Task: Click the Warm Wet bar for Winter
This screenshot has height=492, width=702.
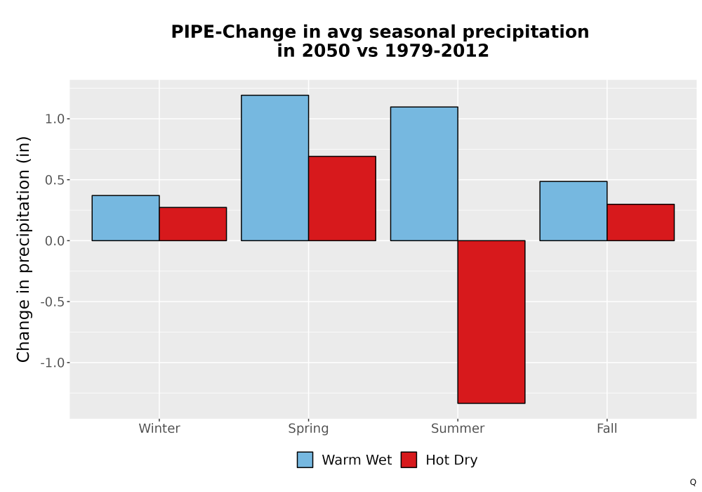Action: point(126,218)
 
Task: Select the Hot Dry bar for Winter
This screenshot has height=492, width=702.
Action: point(193,224)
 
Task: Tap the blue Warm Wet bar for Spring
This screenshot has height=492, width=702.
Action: point(275,168)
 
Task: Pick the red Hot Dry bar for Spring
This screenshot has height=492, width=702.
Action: point(342,198)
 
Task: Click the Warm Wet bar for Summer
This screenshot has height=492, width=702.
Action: point(424,174)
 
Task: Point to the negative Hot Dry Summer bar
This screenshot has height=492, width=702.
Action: point(491,322)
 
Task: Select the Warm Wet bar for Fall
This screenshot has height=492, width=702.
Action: point(574,211)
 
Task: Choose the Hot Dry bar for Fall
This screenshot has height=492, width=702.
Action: point(641,222)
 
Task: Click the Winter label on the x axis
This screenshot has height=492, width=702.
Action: point(159,428)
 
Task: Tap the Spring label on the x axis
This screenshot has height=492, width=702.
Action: point(308,429)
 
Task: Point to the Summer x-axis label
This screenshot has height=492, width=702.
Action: point(458,428)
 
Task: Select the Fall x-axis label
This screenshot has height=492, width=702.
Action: point(607,428)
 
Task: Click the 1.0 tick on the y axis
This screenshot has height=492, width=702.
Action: point(55,119)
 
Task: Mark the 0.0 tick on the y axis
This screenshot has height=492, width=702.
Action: point(55,240)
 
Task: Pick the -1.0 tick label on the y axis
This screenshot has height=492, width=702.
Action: point(53,363)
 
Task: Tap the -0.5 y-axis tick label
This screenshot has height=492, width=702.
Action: point(53,302)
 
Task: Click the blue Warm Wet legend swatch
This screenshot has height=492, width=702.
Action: point(305,460)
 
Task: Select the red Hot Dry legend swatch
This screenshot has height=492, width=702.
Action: point(409,460)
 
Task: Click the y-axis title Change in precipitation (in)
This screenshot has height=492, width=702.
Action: point(23,249)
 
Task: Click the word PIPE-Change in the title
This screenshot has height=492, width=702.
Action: point(234,32)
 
